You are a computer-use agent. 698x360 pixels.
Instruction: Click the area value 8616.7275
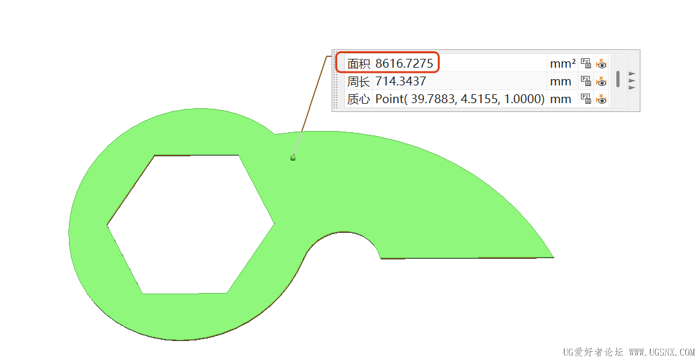click(404, 64)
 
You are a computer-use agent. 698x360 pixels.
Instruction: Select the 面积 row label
click(359, 64)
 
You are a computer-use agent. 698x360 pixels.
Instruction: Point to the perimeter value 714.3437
click(401, 82)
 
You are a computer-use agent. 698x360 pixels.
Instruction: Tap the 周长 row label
click(359, 82)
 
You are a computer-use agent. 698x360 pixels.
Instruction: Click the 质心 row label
click(359, 99)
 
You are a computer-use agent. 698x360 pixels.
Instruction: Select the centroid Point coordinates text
click(460, 99)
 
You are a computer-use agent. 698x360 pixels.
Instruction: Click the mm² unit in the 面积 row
click(563, 64)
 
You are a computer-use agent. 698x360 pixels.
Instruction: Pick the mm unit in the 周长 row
click(561, 82)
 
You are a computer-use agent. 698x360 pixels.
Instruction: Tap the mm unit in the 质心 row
click(561, 99)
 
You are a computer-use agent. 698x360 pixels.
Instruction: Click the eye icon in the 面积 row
click(601, 63)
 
